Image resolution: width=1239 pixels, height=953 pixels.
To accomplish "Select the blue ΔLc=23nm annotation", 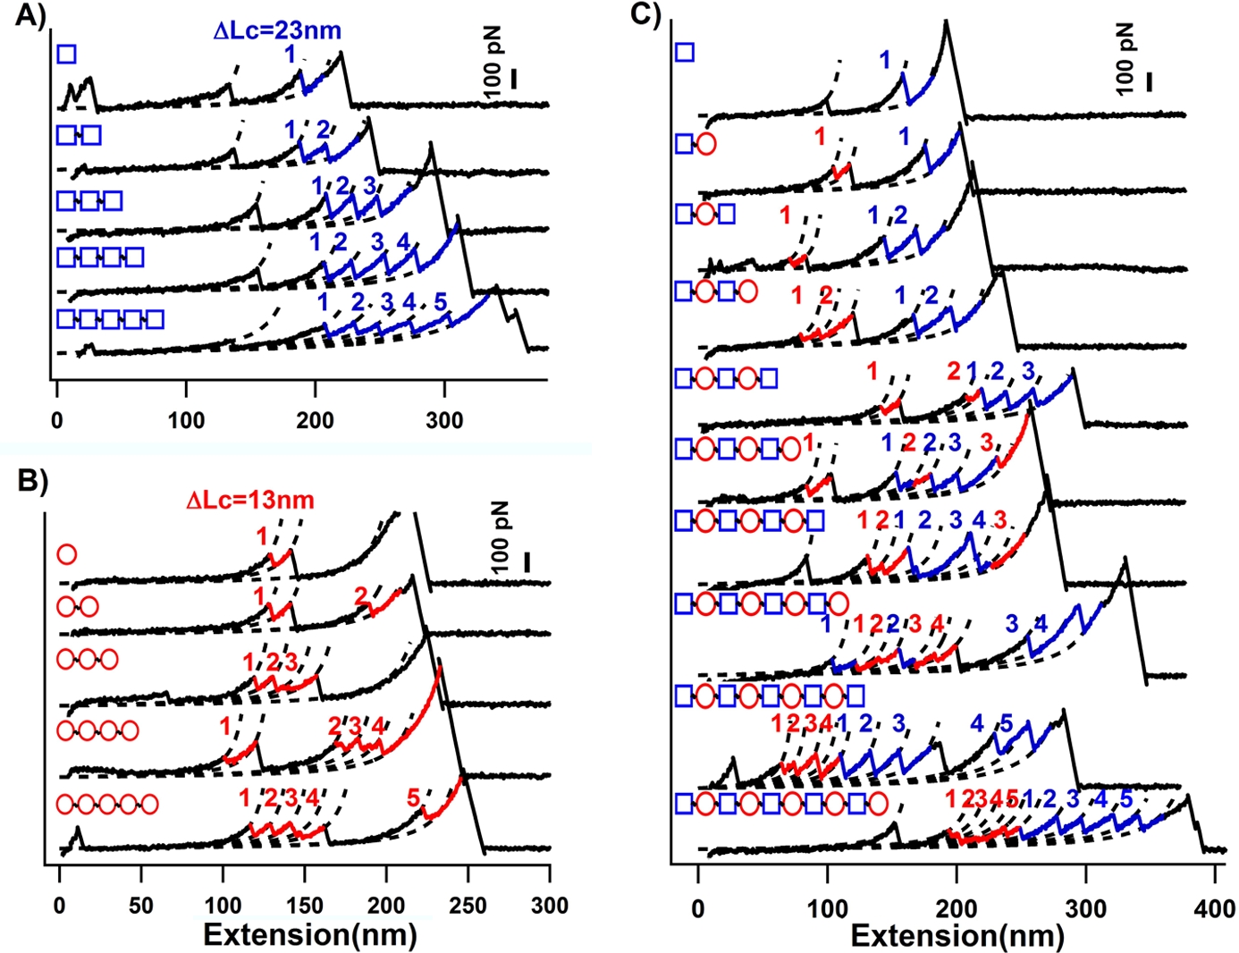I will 277,30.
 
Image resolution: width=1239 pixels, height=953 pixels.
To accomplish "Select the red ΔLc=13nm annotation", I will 250,500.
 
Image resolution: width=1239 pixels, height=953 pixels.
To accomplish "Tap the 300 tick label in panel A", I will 444,420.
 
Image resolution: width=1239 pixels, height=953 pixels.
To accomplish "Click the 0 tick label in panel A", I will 57,420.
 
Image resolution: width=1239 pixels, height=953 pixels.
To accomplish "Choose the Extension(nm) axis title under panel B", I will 310,935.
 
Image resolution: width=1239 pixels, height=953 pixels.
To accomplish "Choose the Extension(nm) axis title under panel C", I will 957,936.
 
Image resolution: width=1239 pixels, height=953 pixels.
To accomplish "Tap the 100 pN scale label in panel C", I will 1125,61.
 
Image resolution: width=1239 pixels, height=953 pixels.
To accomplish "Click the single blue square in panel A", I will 66,55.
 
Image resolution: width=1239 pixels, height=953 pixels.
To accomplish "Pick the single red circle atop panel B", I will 66,554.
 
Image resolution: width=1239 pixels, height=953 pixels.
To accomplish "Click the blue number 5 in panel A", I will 440,301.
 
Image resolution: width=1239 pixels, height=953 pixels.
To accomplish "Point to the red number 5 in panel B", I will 413,797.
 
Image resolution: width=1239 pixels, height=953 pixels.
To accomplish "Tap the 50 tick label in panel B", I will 140,906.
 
